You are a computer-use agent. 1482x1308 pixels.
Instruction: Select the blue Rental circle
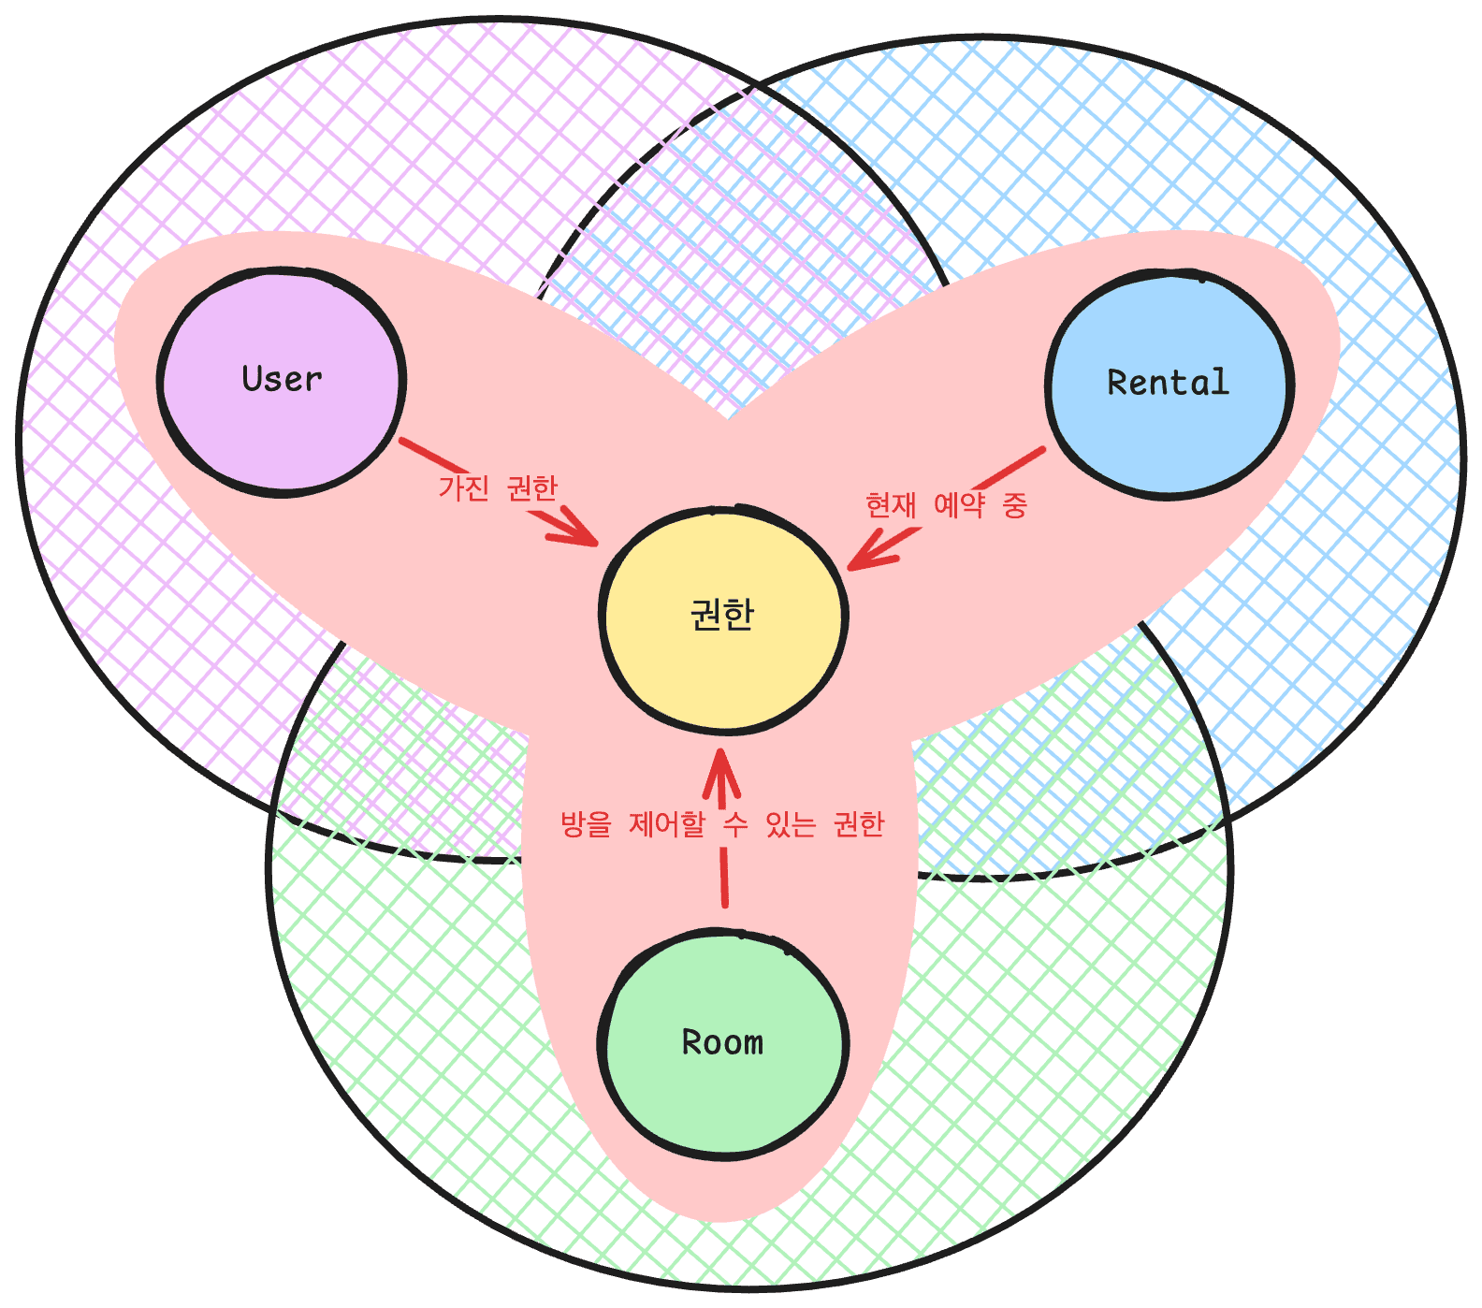(x=1169, y=430)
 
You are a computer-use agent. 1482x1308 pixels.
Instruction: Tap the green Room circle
(x=722, y=1095)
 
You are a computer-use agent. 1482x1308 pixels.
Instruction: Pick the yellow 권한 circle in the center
(x=722, y=664)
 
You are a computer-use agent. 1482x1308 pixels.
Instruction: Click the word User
(x=282, y=379)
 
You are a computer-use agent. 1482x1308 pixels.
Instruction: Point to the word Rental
(x=1169, y=383)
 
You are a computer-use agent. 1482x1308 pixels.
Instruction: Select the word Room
(x=722, y=1042)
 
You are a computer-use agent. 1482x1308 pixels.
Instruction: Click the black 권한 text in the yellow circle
(x=722, y=615)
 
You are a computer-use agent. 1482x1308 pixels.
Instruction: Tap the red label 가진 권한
(x=498, y=487)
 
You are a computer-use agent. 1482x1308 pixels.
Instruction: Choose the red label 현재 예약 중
(x=946, y=505)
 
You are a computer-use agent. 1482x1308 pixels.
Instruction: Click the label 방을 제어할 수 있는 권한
(x=722, y=824)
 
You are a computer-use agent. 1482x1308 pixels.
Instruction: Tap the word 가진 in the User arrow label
(x=464, y=487)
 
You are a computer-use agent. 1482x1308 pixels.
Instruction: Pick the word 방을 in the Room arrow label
(x=585, y=824)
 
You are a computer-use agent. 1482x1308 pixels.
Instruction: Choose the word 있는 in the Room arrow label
(x=791, y=824)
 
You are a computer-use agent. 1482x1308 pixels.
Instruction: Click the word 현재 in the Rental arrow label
(x=891, y=505)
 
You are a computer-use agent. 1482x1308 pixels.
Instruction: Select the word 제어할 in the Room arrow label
(x=666, y=824)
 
